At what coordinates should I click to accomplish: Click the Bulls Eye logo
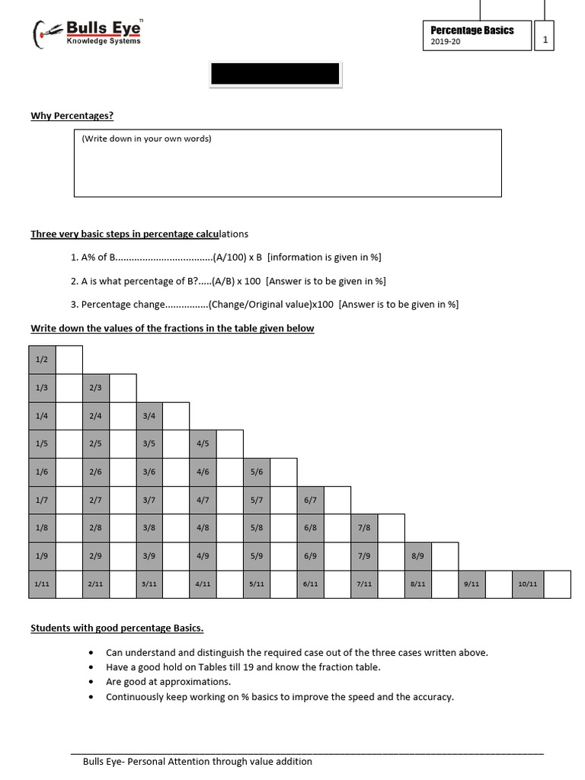click(87, 33)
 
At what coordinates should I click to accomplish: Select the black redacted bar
click(276, 74)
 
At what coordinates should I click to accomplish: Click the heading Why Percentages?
click(72, 116)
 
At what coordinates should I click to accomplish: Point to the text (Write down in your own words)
click(146, 139)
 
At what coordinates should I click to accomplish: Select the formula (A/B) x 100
click(236, 281)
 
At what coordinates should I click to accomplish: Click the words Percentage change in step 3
click(123, 305)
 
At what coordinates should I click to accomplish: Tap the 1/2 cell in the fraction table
click(42, 360)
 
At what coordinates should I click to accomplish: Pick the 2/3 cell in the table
click(95, 388)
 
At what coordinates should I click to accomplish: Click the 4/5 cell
click(203, 443)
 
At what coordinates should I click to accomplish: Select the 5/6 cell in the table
click(257, 472)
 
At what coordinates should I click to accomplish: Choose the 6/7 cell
click(310, 500)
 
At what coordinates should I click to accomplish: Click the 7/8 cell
click(364, 528)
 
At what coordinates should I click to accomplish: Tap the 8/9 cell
click(417, 556)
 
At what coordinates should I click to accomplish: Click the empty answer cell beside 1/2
click(69, 360)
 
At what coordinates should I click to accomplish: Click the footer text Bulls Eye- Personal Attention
click(197, 761)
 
